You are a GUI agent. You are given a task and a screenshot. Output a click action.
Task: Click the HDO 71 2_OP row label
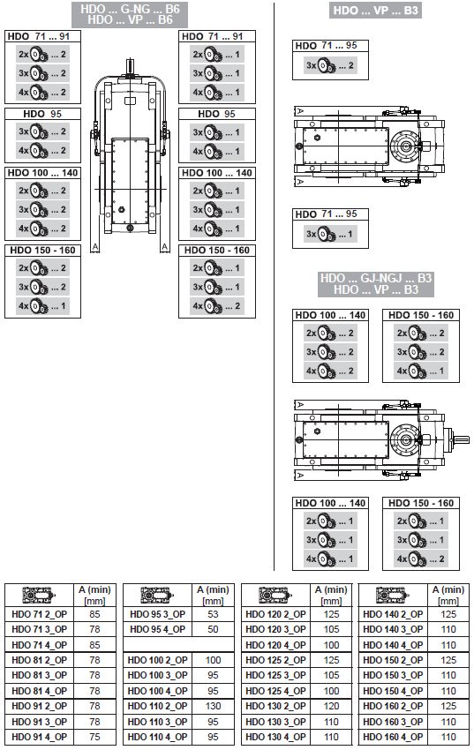(x=39, y=614)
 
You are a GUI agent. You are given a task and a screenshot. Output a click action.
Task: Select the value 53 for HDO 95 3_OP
(x=213, y=614)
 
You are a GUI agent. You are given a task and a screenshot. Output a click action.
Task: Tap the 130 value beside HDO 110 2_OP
(x=213, y=706)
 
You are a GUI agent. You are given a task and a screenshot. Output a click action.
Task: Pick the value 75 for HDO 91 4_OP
(x=94, y=737)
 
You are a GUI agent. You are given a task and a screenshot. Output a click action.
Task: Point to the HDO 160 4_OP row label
(x=393, y=737)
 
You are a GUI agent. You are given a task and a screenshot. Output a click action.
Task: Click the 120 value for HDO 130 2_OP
(x=331, y=706)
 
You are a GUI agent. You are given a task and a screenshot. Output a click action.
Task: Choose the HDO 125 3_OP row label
(x=275, y=675)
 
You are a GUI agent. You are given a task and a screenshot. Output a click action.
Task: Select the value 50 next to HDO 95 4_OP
(x=213, y=629)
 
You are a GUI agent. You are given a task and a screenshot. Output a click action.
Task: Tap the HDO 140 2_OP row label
(x=393, y=614)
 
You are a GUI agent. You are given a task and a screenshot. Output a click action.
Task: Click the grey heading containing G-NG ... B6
(x=130, y=14)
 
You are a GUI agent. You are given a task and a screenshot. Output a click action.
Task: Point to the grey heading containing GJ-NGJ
(x=376, y=284)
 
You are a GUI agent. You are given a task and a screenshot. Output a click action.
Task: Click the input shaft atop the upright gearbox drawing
(x=130, y=66)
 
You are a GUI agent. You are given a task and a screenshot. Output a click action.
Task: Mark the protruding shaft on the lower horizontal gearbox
(x=459, y=439)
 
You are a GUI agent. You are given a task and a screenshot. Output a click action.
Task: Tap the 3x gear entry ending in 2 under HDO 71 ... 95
(x=330, y=65)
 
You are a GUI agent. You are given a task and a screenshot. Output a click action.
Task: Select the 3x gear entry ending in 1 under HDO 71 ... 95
(x=330, y=234)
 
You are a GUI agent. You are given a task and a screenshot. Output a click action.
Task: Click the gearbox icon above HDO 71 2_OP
(x=39, y=595)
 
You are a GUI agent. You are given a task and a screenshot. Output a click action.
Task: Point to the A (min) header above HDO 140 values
(x=448, y=595)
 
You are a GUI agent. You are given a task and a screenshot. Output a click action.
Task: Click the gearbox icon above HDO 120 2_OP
(x=275, y=595)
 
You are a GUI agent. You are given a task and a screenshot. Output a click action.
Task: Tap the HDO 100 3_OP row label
(x=157, y=675)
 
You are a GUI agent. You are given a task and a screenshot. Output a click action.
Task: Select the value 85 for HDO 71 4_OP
(x=94, y=645)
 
